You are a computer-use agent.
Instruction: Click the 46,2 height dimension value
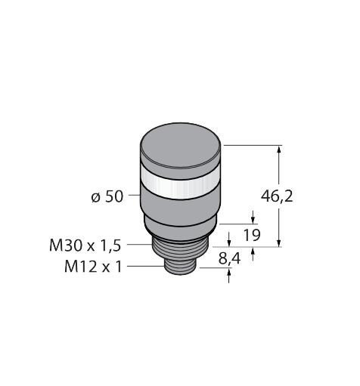click(277, 196)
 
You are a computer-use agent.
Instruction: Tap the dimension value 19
click(252, 235)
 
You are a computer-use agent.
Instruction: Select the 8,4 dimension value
click(229, 258)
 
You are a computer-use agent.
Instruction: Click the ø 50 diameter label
click(107, 196)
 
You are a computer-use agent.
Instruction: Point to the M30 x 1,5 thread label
click(85, 245)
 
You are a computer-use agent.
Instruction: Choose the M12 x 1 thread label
click(93, 267)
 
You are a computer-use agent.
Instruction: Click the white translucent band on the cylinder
click(181, 183)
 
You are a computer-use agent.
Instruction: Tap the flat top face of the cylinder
click(181, 146)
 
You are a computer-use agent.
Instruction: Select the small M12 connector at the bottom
click(180, 267)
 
